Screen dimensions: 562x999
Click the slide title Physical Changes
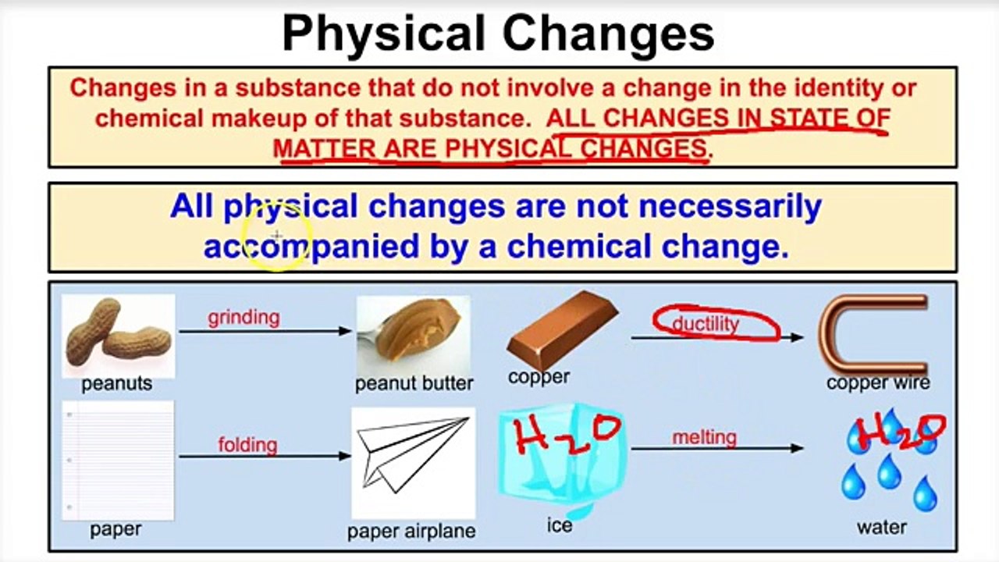498,34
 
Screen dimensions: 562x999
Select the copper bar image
562,329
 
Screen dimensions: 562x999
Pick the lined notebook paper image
118,461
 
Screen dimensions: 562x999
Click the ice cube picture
562,461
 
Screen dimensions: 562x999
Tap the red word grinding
244,318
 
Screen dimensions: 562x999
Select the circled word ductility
706,324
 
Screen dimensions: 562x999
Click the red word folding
247,445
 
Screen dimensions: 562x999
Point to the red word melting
704,438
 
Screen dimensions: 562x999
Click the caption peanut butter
414,383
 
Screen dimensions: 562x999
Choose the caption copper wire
878,382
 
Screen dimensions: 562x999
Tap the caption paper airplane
411,532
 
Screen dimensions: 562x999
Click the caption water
882,527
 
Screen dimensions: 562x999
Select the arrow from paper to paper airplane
265,456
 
